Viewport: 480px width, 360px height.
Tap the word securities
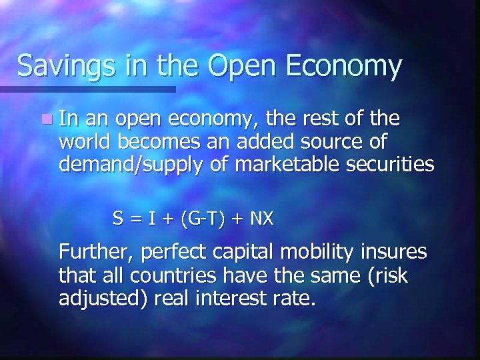pyautogui.click(x=389, y=165)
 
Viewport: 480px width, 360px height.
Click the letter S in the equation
pyautogui.click(x=117, y=219)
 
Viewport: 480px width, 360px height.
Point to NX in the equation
pyautogui.click(x=263, y=219)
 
